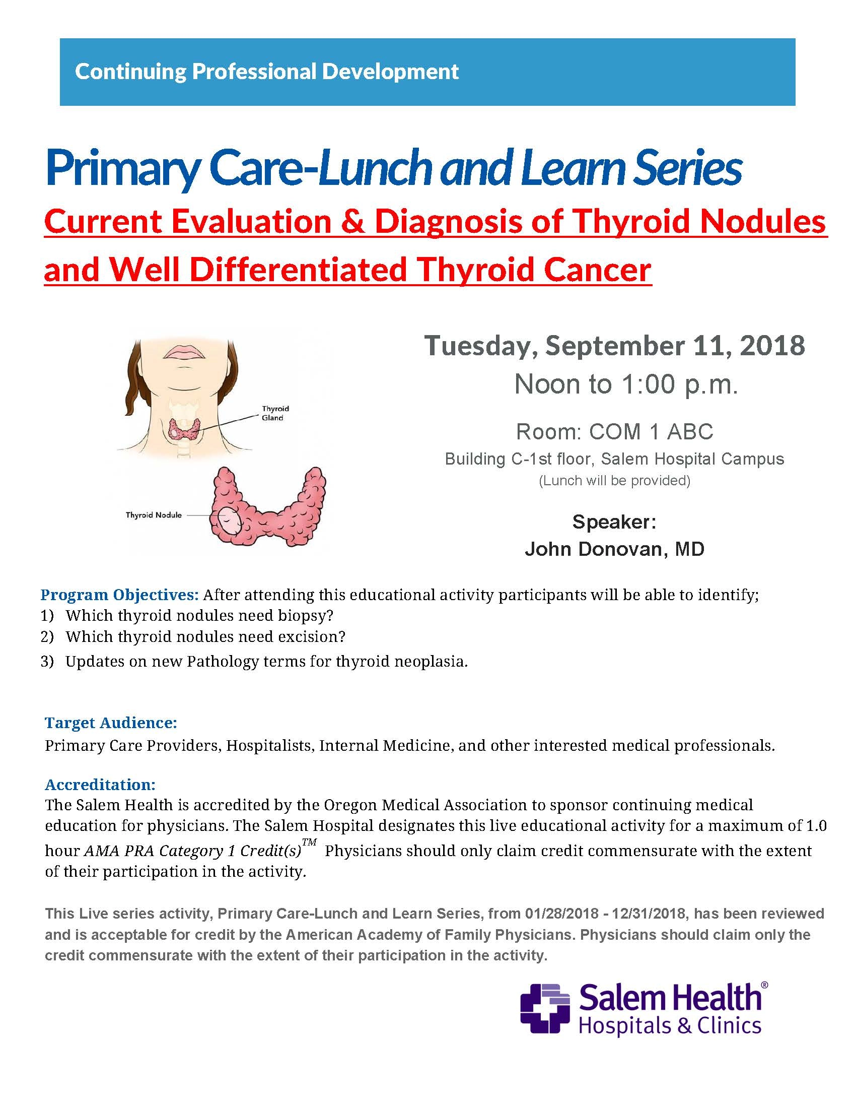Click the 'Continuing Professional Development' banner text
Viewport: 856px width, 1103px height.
tap(266, 72)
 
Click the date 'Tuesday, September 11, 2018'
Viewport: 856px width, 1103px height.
tap(614, 346)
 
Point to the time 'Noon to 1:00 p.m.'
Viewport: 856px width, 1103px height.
tap(626, 384)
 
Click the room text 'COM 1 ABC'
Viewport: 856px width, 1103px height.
tap(651, 431)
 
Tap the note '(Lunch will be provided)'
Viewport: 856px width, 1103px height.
tap(614, 480)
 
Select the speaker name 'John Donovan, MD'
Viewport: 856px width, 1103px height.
tap(614, 549)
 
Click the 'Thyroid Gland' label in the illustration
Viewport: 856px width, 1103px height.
tap(275, 413)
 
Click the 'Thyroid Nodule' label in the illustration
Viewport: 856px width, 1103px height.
tap(154, 515)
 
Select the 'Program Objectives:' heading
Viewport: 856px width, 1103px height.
tap(120, 595)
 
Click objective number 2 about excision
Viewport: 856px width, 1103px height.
tap(205, 636)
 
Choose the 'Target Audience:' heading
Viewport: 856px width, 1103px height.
tap(111, 723)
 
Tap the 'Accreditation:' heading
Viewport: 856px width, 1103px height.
tap(100, 785)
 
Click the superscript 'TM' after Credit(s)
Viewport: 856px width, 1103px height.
tap(309, 842)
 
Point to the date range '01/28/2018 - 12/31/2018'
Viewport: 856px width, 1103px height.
tap(605, 914)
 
